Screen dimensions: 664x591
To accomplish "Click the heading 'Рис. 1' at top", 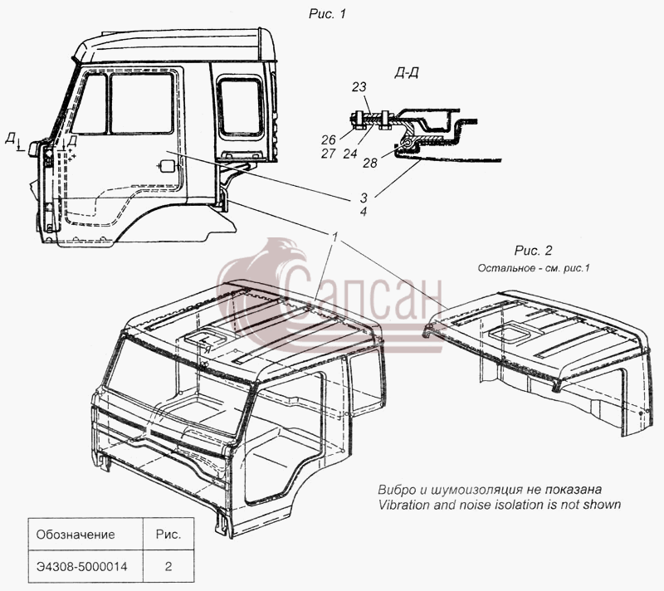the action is tap(327, 14).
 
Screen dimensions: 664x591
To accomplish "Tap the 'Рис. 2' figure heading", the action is tap(533, 251).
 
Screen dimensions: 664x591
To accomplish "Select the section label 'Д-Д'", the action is tap(407, 73).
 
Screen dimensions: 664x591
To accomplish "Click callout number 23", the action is tap(359, 87).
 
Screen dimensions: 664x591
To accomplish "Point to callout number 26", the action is tap(328, 139).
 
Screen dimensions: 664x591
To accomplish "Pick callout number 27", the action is tap(328, 154).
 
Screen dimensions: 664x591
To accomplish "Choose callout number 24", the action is tap(350, 154).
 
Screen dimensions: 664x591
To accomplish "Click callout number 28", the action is tap(369, 163).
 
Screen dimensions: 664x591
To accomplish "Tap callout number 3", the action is tap(364, 198).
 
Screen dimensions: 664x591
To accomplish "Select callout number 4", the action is tap(364, 212).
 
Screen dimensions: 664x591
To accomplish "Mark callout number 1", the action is tap(335, 237).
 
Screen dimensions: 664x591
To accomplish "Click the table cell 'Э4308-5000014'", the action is tap(81, 566).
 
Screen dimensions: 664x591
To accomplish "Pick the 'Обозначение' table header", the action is tap(76, 535).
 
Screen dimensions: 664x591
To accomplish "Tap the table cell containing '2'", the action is tap(168, 566).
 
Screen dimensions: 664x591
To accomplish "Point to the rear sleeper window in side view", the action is tap(241, 106).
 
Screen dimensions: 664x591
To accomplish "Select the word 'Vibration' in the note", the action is tap(403, 505).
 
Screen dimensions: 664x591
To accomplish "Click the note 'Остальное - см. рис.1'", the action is tap(534, 268).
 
